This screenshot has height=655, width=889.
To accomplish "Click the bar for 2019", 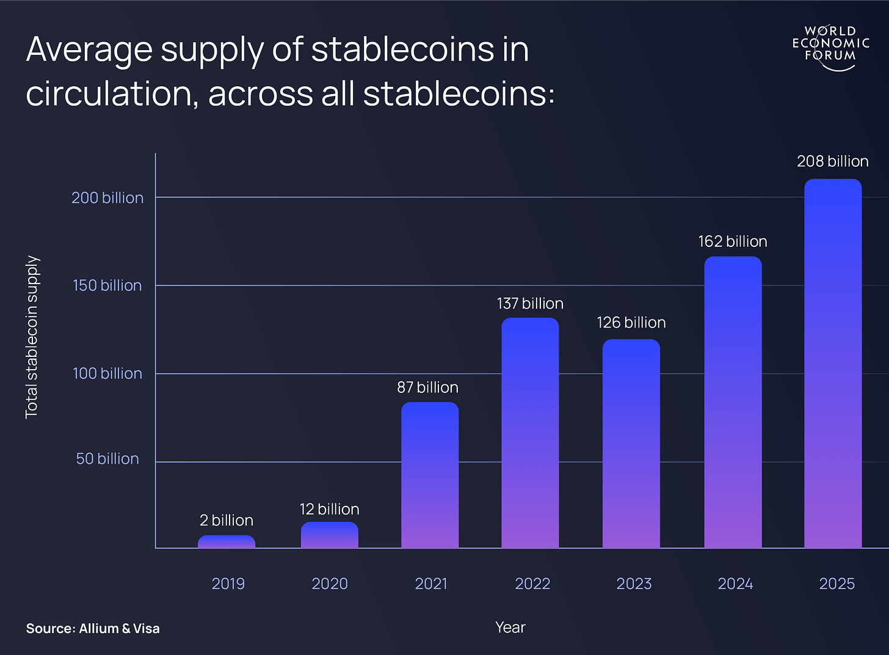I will coord(227,542).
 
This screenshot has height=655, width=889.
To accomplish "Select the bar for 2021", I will coord(430,475).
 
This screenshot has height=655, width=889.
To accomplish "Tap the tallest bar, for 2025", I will coord(833,364).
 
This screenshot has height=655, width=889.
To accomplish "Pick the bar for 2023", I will coord(631,444).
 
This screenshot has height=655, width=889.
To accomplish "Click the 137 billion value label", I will coord(530,304).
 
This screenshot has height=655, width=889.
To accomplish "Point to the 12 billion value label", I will coord(329,509).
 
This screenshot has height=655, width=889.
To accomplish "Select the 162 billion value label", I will coord(733,241).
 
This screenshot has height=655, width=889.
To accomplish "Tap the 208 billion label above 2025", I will coord(833,161).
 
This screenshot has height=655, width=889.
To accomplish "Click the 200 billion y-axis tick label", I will coord(107,198).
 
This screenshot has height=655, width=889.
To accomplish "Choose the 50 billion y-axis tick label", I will coord(107,459).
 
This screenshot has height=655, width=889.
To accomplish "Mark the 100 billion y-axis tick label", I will coord(107,373).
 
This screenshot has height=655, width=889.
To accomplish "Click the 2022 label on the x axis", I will coord(532,584).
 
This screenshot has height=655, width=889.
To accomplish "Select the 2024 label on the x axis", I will coord(735,584).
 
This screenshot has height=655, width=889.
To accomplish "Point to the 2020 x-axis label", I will coord(330,584).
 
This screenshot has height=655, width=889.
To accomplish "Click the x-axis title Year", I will coord(510,628).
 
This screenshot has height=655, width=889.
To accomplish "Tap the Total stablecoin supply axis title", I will coord(32,337).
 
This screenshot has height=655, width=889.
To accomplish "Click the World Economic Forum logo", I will coord(830,46).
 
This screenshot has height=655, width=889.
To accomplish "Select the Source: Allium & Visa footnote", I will coord(93,629).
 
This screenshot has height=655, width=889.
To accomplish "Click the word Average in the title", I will coord(89,50).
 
